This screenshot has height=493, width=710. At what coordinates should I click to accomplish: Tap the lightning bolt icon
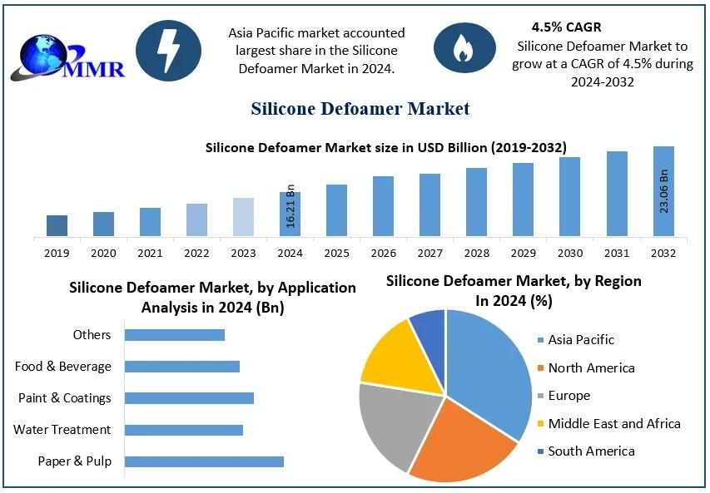pos(168,51)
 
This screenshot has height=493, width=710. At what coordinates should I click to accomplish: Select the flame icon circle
pos(463,49)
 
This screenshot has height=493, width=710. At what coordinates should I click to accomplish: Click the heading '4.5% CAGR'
pos(566,27)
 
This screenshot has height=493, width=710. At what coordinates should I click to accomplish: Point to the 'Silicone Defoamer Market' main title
pos(360,108)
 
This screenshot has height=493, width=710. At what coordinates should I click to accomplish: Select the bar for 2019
pos(57,225)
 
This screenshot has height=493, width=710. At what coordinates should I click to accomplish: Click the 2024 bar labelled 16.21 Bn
pos(290,214)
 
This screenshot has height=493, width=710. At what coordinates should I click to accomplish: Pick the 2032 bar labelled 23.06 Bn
pos(663,191)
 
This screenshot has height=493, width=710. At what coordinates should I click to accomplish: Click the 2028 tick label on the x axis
pos(476,253)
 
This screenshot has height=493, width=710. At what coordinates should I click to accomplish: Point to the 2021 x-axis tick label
pos(150,253)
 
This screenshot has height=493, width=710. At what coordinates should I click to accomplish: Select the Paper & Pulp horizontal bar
pos(204,461)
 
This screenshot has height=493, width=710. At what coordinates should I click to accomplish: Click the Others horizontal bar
pos(175,334)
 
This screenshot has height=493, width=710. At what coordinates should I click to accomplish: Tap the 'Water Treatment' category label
pos(62,430)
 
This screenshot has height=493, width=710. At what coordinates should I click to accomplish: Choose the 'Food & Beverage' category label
pos(63,366)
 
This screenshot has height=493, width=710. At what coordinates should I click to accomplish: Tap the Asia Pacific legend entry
pos(581,339)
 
